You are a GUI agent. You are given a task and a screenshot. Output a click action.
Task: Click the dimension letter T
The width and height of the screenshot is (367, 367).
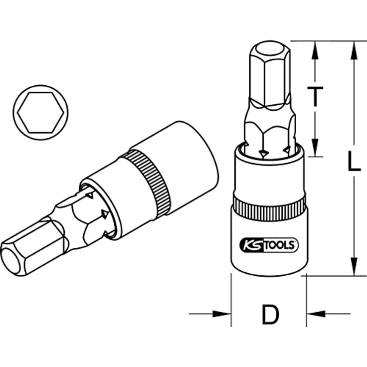pos(315,96)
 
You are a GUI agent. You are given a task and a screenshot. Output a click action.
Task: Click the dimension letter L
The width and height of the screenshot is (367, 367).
pos(354,161)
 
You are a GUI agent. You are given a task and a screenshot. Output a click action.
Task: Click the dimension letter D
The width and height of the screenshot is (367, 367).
pos(271,314)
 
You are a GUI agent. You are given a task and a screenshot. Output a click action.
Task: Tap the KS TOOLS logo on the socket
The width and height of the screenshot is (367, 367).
pos(269,245)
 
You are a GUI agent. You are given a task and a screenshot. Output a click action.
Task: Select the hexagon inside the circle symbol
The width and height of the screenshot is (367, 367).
pos(40,112)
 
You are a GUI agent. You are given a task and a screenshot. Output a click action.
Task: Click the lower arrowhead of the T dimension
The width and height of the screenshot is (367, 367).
pos(315,147)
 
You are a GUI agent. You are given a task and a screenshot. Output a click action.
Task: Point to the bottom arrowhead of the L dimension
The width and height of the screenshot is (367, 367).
pos(355,266)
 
